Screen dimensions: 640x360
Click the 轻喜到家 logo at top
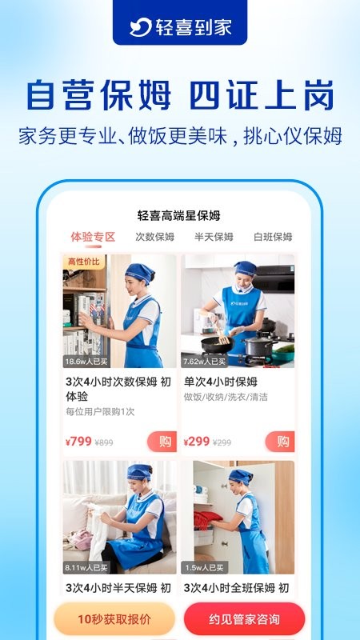[x=179, y=26]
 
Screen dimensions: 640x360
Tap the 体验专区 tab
[x=93, y=237]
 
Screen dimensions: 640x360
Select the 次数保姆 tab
[x=154, y=237]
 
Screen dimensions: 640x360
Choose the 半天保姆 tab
[x=214, y=237]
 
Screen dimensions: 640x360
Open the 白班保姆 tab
[x=273, y=237]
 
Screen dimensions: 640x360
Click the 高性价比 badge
[x=84, y=262]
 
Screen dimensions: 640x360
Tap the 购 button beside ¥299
[x=280, y=441]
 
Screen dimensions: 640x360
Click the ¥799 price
[x=78, y=441]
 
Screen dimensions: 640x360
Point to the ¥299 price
[x=197, y=441]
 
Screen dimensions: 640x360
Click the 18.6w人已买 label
[x=86, y=362]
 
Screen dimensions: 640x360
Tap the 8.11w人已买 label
[x=86, y=567]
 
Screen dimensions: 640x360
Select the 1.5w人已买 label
[x=203, y=567]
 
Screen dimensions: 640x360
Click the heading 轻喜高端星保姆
[x=179, y=215]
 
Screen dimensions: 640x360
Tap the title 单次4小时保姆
[x=221, y=382]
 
